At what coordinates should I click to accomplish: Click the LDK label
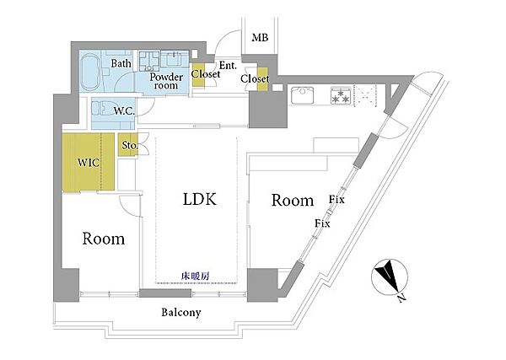tap(200, 199)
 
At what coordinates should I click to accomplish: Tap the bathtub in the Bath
tap(90, 72)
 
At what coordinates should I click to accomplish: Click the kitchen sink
tap(303, 94)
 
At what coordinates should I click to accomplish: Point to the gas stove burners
tap(341, 94)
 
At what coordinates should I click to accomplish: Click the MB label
tap(260, 38)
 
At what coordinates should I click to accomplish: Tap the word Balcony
tap(181, 312)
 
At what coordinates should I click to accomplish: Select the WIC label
tap(89, 163)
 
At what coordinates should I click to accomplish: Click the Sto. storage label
tap(129, 146)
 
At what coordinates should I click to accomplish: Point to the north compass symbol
tap(390, 277)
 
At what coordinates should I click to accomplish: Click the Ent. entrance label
tap(228, 66)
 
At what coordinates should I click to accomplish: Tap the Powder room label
tap(166, 81)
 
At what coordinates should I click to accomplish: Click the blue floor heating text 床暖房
tap(196, 277)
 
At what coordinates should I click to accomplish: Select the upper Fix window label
tap(336, 199)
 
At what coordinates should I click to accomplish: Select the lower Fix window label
tap(322, 223)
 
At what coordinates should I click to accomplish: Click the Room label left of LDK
tap(104, 239)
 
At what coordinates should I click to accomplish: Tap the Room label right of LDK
tap(293, 201)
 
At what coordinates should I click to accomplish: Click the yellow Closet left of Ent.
tap(198, 75)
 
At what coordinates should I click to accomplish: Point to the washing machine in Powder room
tap(149, 61)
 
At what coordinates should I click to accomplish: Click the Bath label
tap(121, 63)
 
